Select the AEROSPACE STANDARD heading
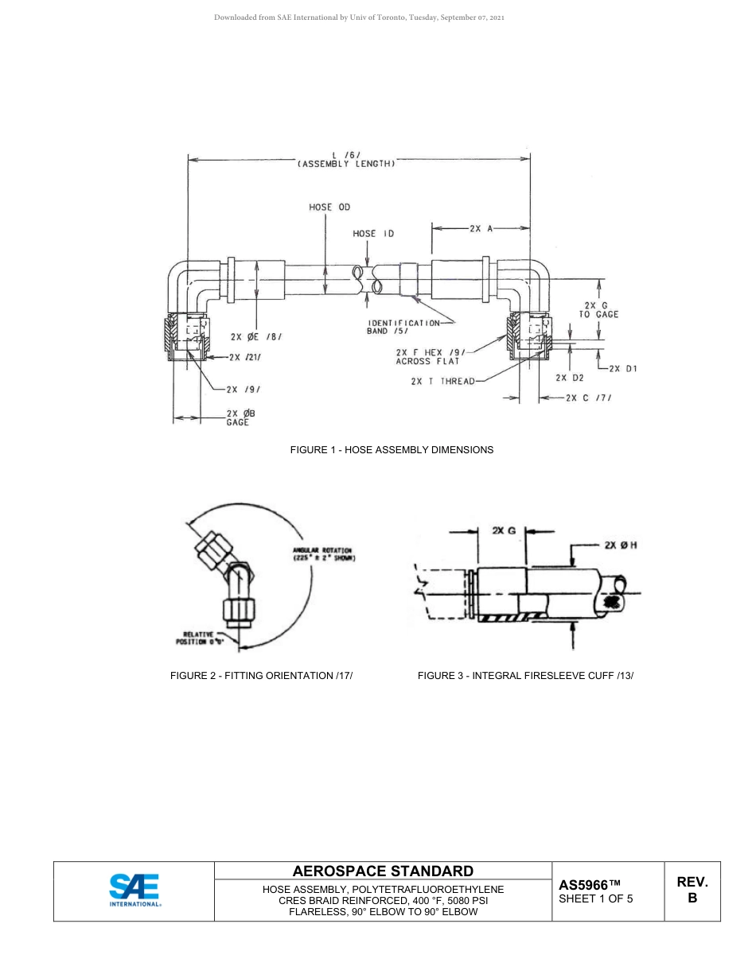click(x=383, y=871)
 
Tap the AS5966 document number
click(x=589, y=885)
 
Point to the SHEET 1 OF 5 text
click(x=596, y=899)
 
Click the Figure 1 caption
click(x=391, y=450)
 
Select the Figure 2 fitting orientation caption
click(x=261, y=676)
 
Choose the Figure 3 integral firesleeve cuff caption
click(x=525, y=676)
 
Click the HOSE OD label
click(x=329, y=208)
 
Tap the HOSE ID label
click(x=373, y=234)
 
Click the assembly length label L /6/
click(x=346, y=160)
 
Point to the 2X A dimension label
click(x=481, y=228)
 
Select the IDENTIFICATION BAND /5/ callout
click(x=403, y=327)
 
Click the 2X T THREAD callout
click(x=442, y=381)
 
